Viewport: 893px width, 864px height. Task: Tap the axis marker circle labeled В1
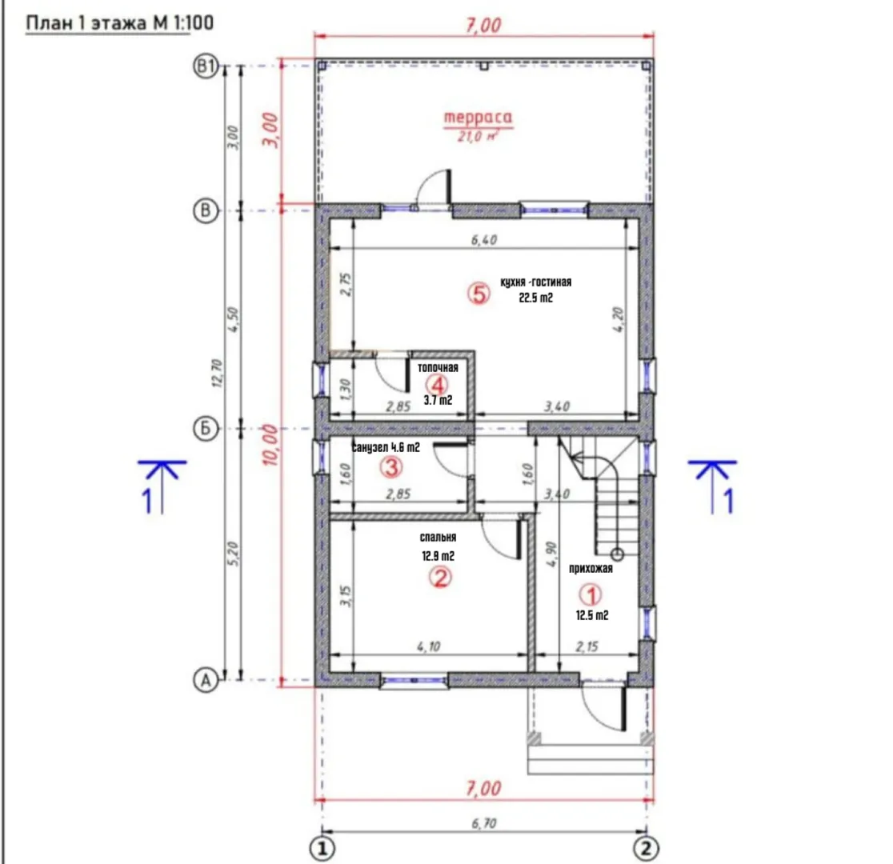coord(206,66)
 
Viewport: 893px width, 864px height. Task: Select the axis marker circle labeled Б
coord(206,428)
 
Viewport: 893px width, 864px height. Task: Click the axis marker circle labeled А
coord(206,679)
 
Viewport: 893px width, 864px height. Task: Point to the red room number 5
coord(479,294)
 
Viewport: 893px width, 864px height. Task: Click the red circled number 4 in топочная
coord(438,383)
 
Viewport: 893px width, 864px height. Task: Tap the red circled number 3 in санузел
coord(391,467)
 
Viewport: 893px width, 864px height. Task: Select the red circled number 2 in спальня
coord(439,578)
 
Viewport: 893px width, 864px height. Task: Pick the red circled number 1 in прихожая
coord(591,595)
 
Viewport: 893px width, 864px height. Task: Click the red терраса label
coord(478,117)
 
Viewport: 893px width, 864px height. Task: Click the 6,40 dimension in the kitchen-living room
coord(483,240)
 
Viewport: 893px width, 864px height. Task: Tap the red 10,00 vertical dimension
coord(271,445)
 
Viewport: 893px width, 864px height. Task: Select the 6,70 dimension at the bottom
coord(483,823)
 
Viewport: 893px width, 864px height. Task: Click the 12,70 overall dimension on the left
coord(218,373)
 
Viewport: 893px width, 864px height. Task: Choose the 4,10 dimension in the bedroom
coord(428,647)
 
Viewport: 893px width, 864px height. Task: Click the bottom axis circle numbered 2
coord(645,849)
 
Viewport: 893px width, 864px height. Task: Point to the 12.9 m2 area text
coord(438,556)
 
